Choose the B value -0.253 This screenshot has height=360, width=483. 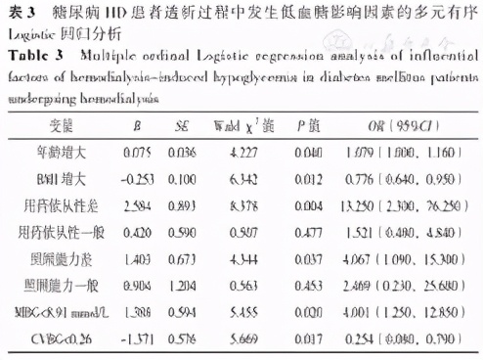pyautogui.click(x=136, y=179)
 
